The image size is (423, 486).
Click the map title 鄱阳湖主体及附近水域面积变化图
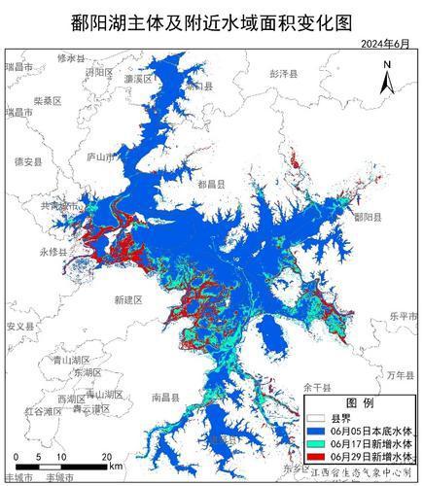[212, 18]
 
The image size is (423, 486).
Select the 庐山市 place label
[101, 156]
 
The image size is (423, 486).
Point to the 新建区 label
[127, 300]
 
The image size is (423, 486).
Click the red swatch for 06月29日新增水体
[314, 456]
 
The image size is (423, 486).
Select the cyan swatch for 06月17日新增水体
[314, 442]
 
